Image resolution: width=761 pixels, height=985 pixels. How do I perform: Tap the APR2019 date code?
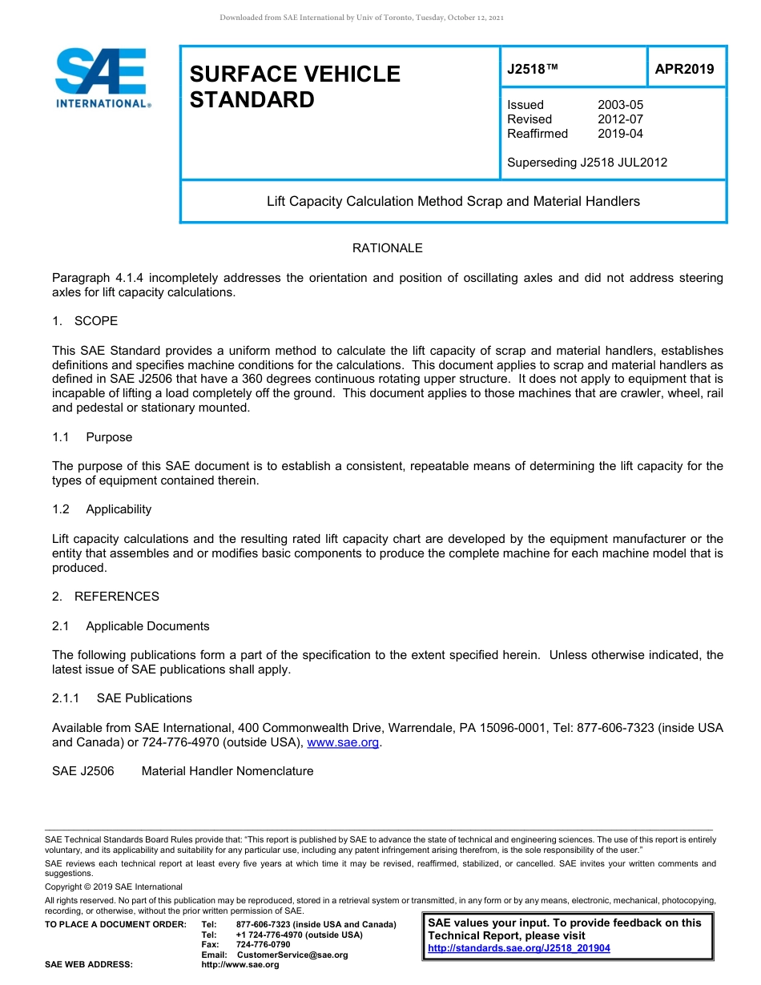684,70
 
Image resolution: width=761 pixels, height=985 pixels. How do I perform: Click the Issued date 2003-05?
620,105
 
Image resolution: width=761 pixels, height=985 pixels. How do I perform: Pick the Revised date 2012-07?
620,119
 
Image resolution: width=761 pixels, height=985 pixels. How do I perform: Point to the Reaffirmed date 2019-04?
620,134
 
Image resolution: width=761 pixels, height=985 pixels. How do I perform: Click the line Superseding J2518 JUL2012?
586,163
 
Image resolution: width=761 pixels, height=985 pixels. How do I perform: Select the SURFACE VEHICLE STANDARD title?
294,86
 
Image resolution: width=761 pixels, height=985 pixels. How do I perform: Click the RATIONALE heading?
387,248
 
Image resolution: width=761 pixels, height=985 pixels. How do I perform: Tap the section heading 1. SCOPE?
85,321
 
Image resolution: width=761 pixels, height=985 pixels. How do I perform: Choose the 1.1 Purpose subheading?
92,437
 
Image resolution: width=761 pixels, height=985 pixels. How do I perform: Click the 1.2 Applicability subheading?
102,509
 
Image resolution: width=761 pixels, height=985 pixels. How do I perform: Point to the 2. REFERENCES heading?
106,597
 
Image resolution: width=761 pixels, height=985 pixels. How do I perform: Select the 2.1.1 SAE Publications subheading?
122,698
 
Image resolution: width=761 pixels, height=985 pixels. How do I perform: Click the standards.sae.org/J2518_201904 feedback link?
519,948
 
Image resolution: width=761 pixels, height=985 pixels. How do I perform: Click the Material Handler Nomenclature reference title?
227,771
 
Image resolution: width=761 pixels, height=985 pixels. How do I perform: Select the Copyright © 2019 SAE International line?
114,886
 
